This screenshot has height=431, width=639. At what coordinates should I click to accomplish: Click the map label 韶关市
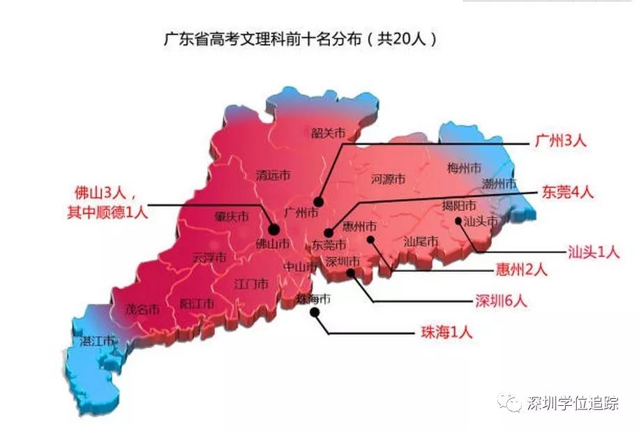[x=329, y=132]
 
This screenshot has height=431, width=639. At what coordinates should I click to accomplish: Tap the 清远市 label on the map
[x=273, y=175]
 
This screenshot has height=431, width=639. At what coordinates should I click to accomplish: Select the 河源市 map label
[x=389, y=179]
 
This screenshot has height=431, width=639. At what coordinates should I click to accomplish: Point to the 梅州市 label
[x=464, y=168]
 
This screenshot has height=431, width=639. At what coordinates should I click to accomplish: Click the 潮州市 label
[x=499, y=184]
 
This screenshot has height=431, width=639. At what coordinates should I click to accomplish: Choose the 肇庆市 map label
[x=232, y=217]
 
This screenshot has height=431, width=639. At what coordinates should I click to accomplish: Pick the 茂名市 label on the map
[x=142, y=309]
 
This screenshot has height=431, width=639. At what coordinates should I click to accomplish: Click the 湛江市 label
[x=97, y=341]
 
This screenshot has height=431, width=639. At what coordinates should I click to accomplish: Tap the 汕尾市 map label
[x=421, y=241]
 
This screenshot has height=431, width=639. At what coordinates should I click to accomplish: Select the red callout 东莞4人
[x=567, y=192]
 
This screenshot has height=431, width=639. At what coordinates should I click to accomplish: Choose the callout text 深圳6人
[x=501, y=301]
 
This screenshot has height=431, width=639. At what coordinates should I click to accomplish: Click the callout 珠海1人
[x=446, y=333]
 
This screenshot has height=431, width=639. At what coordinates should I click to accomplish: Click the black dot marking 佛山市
[x=273, y=229]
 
